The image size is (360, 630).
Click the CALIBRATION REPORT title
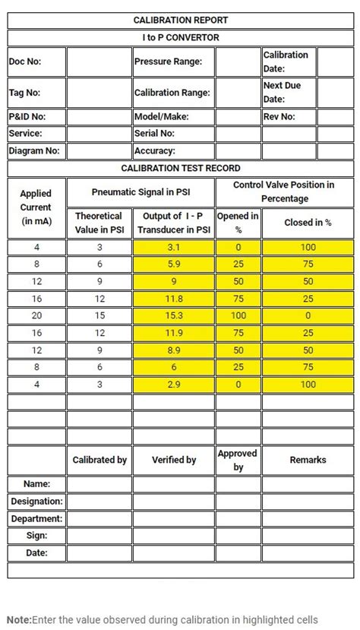click(181, 21)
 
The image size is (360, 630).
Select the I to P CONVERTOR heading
click(181, 37)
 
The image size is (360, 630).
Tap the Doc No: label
click(25, 62)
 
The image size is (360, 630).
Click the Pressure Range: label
click(168, 62)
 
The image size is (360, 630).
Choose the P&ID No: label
click(27, 117)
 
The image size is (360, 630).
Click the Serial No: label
click(155, 134)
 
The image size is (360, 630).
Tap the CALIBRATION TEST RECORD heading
click(181, 168)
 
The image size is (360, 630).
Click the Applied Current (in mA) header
click(36, 207)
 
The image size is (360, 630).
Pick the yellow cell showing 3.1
click(174, 248)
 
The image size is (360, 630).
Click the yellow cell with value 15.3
click(174, 315)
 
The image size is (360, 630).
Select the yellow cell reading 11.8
click(174, 299)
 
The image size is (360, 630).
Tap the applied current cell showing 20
click(36, 315)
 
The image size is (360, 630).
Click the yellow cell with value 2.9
click(174, 384)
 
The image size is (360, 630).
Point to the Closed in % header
click(308, 223)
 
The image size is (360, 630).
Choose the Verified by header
click(174, 460)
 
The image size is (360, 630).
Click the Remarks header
click(308, 460)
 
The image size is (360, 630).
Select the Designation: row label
click(36, 502)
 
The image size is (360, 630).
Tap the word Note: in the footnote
click(19, 619)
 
